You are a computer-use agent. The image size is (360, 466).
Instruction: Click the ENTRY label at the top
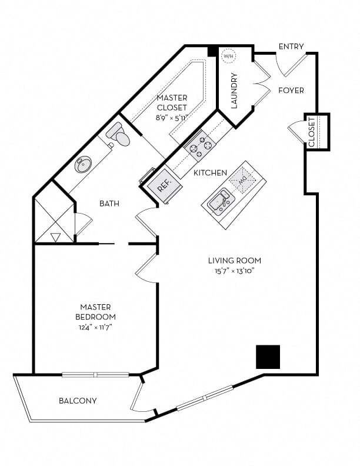[x=291, y=46]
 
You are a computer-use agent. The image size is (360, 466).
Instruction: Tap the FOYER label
[x=291, y=91]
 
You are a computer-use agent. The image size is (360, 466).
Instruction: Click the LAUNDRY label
[x=234, y=91]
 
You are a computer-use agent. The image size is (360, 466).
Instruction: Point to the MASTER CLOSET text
[x=172, y=103]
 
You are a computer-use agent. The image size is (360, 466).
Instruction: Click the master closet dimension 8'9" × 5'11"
[x=172, y=118]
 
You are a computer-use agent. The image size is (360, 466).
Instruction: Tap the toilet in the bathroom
[x=119, y=136]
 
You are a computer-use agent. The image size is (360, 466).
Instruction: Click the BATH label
[x=109, y=204]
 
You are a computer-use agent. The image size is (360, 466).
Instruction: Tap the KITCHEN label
[x=210, y=173]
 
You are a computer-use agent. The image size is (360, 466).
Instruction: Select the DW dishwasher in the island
[x=239, y=179]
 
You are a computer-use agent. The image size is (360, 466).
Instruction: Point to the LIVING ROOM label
[x=234, y=260]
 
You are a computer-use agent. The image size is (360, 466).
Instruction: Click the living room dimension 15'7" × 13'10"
[x=234, y=271]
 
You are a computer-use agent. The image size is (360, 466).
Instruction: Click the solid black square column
[x=268, y=357]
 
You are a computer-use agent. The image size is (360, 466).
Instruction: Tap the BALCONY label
[x=78, y=401]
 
